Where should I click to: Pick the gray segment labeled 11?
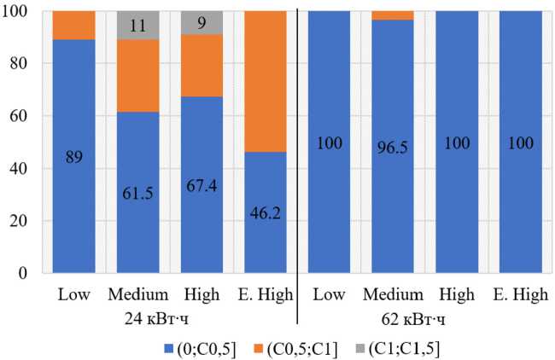tap(138, 25)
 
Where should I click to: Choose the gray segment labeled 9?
tap(202, 22)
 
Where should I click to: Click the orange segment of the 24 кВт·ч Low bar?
tap(73, 26)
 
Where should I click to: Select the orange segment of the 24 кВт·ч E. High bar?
tap(266, 81)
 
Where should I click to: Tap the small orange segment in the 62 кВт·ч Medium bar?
tap(393, 15)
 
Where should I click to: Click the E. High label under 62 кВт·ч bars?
tap(520, 295)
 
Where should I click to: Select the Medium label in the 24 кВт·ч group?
tap(137, 295)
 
